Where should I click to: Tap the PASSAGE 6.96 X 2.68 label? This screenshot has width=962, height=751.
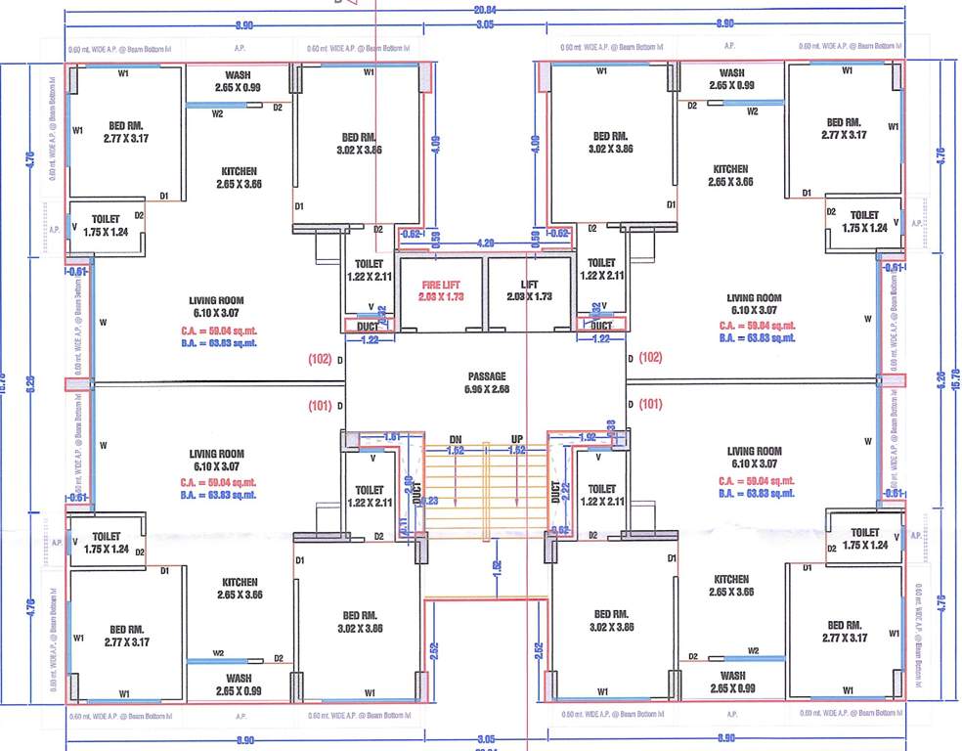coord(485,382)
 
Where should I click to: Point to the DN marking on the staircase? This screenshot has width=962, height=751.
coord(455,439)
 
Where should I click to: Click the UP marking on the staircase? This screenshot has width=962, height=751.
coord(517,439)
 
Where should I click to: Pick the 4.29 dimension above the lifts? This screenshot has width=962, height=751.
coord(484,242)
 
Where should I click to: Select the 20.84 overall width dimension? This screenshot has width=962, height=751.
coord(485,9)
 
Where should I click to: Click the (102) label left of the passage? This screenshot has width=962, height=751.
coord(319,358)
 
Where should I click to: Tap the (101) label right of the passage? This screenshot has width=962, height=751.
coord(652,403)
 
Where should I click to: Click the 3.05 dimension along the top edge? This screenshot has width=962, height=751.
coord(484,22)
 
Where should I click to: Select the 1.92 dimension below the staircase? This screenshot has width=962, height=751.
coord(497,566)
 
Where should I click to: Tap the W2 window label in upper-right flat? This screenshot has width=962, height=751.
coord(752,111)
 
